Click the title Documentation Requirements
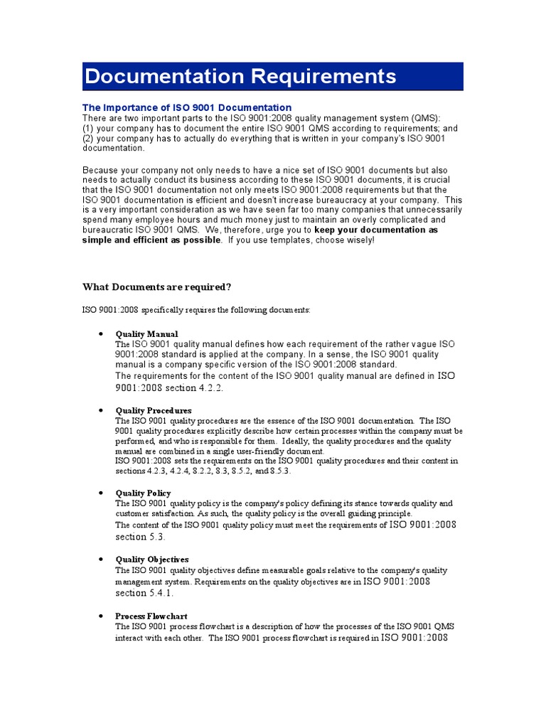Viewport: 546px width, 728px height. coord(240,76)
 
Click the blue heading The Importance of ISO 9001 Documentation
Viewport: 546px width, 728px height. coord(187,107)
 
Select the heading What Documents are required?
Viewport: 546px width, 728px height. coord(156,287)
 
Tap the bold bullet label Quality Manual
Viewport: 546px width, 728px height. coord(146,333)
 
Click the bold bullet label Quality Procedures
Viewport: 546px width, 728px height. coord(153,410)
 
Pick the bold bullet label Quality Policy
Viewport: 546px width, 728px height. coord(143,493)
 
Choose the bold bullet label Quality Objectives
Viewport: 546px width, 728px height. coord(151,560)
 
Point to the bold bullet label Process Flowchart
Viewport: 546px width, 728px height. coord(151,616)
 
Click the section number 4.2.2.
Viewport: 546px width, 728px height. coord(214,388)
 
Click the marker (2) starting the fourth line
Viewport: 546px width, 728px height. coord(89,139)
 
